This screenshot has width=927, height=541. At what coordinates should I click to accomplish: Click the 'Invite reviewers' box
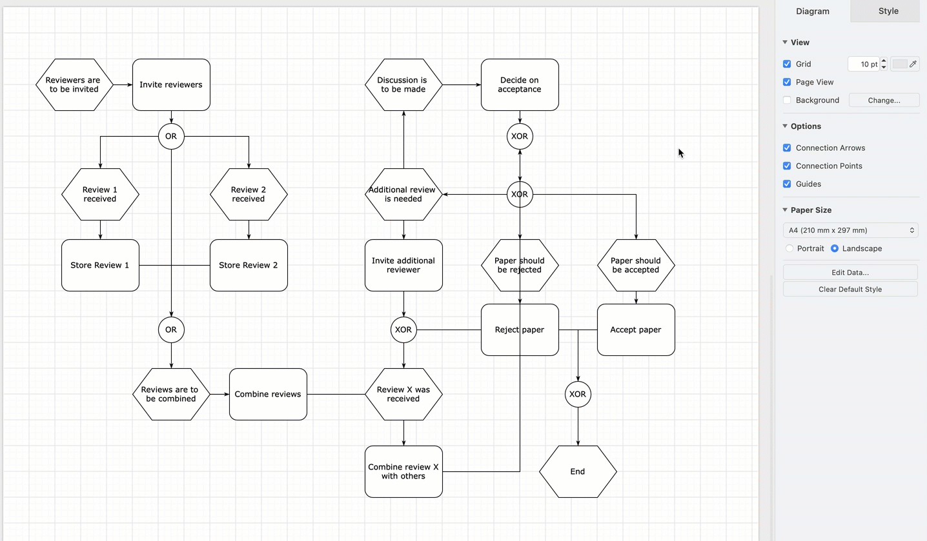(171, 84)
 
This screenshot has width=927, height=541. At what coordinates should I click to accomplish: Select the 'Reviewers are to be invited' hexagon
(74, 84)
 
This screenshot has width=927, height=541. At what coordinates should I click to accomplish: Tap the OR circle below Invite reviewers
(171, 137)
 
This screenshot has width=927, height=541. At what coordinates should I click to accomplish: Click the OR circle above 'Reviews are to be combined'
(171, 330)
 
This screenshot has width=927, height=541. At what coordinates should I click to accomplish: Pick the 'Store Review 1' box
(100, 265)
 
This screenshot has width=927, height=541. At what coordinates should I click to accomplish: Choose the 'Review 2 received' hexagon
(249, 194)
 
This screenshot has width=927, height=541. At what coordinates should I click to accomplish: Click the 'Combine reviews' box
(268, 394)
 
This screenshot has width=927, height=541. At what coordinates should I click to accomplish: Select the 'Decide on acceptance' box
(520, 84)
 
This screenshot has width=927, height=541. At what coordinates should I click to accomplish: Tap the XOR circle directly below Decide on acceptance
(520, 137)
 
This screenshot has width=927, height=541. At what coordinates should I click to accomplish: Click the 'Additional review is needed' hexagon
(403, 194)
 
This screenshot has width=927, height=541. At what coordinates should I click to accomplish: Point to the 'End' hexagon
(578, 471)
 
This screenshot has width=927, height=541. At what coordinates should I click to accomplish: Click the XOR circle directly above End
(578, 394)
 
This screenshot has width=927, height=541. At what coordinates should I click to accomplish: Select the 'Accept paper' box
(636, 330)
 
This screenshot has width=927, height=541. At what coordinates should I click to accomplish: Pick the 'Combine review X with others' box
(403, 471)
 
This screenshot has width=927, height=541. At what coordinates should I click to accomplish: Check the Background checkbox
(787, 100)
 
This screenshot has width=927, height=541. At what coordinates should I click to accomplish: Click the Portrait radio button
(789, 248)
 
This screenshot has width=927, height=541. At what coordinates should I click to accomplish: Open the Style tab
(888, 11)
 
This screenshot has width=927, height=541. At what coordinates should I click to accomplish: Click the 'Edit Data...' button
(850, 272)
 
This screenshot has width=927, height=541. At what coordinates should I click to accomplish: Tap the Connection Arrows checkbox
(787, 148)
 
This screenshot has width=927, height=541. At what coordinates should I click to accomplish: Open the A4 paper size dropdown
(850, 230)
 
